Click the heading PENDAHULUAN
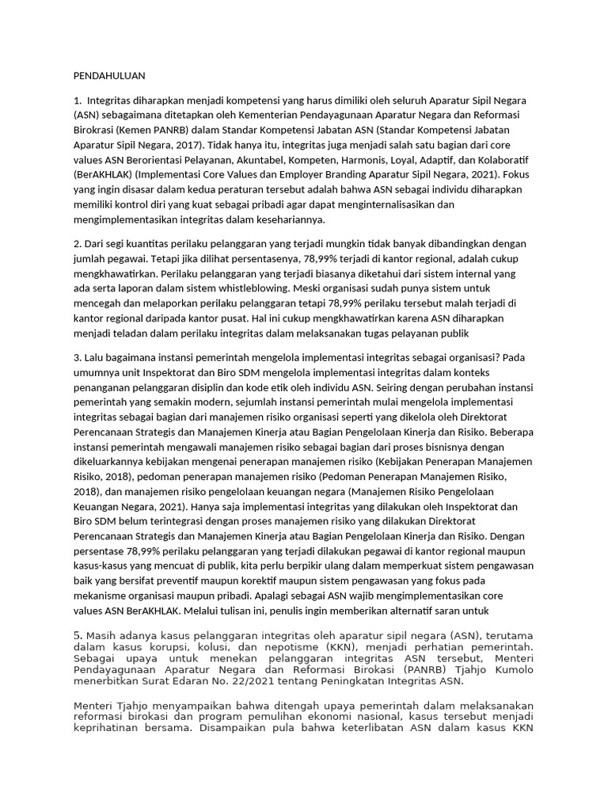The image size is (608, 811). [110, 76]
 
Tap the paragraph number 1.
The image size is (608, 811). [77, 101]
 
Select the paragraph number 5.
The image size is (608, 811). [78, 635]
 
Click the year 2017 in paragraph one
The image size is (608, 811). [184, 146]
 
